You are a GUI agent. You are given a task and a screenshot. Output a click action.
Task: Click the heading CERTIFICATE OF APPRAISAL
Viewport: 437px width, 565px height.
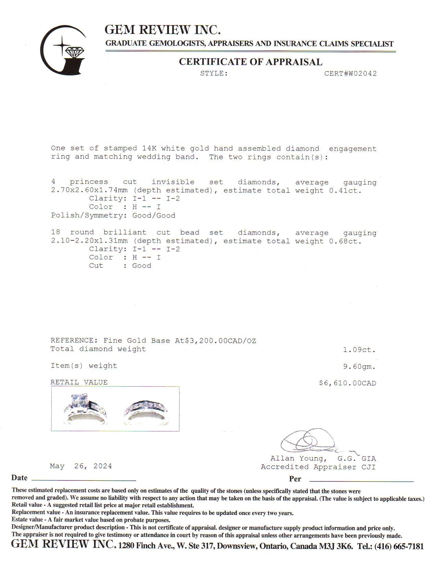click(251, 62)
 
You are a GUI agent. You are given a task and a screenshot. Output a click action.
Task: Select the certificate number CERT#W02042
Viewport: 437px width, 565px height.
click(350, 73)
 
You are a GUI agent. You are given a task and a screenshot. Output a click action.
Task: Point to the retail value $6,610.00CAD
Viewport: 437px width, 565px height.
click(347, 383)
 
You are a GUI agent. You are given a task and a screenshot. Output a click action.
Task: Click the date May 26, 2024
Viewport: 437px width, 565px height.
click(81, 466)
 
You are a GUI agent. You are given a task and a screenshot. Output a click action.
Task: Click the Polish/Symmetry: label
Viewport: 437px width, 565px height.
click(87, 215)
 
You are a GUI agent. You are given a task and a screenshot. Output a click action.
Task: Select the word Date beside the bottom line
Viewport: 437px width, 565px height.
click(19, 478)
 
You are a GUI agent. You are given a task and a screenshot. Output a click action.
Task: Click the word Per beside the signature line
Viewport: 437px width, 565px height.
click(295, 479)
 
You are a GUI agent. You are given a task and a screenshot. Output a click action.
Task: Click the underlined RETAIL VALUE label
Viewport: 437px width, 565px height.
click(79, 382)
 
